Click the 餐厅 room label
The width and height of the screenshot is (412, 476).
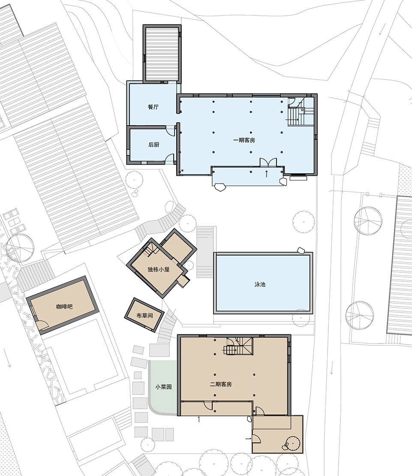[x=153, y=107]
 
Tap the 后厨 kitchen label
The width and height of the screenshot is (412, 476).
[x=154, y=145]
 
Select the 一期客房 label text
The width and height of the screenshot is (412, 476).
[x=244, y=140]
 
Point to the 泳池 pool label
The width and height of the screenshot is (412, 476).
[x=260, y=284]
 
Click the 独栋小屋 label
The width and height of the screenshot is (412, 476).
[x=158, y=269]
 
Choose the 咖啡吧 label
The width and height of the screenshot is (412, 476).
[x=64, y=307]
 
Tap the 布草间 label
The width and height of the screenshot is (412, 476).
[x=144, y=316]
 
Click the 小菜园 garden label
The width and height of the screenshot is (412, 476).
[x=163, y=387]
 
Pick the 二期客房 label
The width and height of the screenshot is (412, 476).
[x=221, y=384]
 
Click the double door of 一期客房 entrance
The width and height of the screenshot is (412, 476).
[x=268, y=162]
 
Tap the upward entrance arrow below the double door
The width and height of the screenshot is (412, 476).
[x=267, y=174]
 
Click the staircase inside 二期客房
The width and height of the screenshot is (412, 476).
[x=238, y=346]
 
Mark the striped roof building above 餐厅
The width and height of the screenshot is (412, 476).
[x=162, y=54]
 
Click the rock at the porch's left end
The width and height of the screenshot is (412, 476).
[x=220, y=187]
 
